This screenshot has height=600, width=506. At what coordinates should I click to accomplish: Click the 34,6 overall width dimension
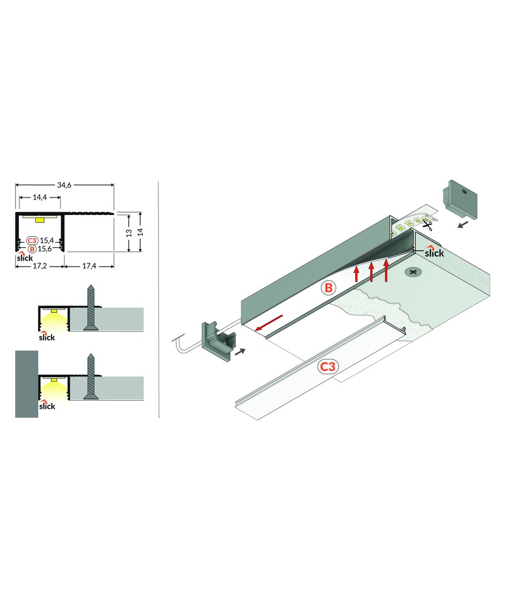tap(65, 185)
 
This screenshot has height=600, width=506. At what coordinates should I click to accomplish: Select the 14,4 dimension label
tap(39, 197)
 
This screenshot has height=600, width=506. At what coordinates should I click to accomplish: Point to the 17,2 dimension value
tap(39, 266)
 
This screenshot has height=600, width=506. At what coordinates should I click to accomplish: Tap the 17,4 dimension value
tap(90, 266)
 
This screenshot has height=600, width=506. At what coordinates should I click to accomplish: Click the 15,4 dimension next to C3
tap(46, 241)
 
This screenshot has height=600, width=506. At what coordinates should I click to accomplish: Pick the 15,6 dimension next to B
tap(45, 249)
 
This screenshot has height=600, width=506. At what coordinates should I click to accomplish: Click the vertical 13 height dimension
tap(129, 233)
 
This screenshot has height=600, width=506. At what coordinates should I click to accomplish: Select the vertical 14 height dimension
tap(140, 232)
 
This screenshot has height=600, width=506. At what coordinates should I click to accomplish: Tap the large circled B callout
tap(328, 287)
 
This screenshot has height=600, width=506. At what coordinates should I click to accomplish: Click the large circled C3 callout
tap(327, 367)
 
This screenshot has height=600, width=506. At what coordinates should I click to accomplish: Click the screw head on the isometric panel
tap(413, 273)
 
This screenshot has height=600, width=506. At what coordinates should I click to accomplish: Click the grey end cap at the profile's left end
tap(219, 340)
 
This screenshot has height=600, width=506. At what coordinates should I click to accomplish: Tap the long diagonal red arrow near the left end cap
tap(269, 322)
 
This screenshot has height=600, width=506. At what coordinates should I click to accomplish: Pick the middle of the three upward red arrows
tap(371, 272)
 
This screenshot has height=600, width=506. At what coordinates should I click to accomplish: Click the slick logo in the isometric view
tap(434, 252)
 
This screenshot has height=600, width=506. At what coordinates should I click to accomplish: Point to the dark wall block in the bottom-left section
tap(27, 384)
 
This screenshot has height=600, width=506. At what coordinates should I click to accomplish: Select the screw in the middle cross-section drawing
tap(91, 307)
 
